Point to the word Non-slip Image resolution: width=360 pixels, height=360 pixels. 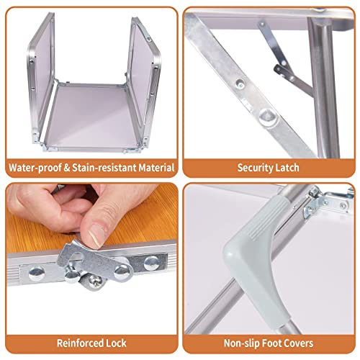click(x=241, y=343)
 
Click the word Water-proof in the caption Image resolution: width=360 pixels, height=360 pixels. click(x=35, y=168)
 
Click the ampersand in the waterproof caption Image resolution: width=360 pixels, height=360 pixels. click(x=67, y=168)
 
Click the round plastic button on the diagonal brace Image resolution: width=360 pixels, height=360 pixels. click(x=269, y=117)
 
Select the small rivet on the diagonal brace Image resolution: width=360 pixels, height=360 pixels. click(x=240, y=84)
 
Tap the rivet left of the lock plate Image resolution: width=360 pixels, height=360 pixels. click(x=37, y=273)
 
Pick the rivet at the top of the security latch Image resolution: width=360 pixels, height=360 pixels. click(x=262, y=24)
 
